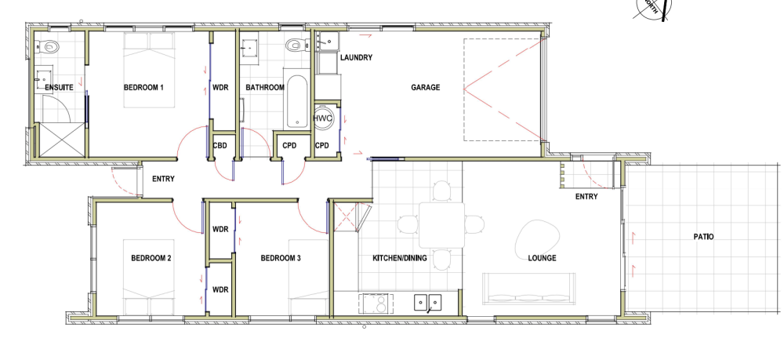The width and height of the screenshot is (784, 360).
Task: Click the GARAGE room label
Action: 426,88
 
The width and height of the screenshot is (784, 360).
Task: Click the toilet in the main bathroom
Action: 296,45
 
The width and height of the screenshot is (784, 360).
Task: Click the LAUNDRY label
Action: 356,57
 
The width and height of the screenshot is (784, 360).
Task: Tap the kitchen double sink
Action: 427,302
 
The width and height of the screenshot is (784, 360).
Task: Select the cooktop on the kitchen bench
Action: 375,303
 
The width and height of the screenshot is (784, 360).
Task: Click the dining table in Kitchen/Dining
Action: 442,225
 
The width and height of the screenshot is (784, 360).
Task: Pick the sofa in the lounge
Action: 529,289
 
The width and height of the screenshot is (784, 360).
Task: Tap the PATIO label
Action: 703,237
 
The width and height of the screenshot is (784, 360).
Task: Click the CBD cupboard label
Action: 220,146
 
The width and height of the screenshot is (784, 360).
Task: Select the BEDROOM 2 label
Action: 151,259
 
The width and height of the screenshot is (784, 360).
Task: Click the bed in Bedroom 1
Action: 150,71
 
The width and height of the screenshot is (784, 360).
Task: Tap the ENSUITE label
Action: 59,88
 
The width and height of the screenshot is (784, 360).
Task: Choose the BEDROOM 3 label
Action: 281,259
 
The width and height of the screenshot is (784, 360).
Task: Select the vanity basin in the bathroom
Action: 249,49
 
